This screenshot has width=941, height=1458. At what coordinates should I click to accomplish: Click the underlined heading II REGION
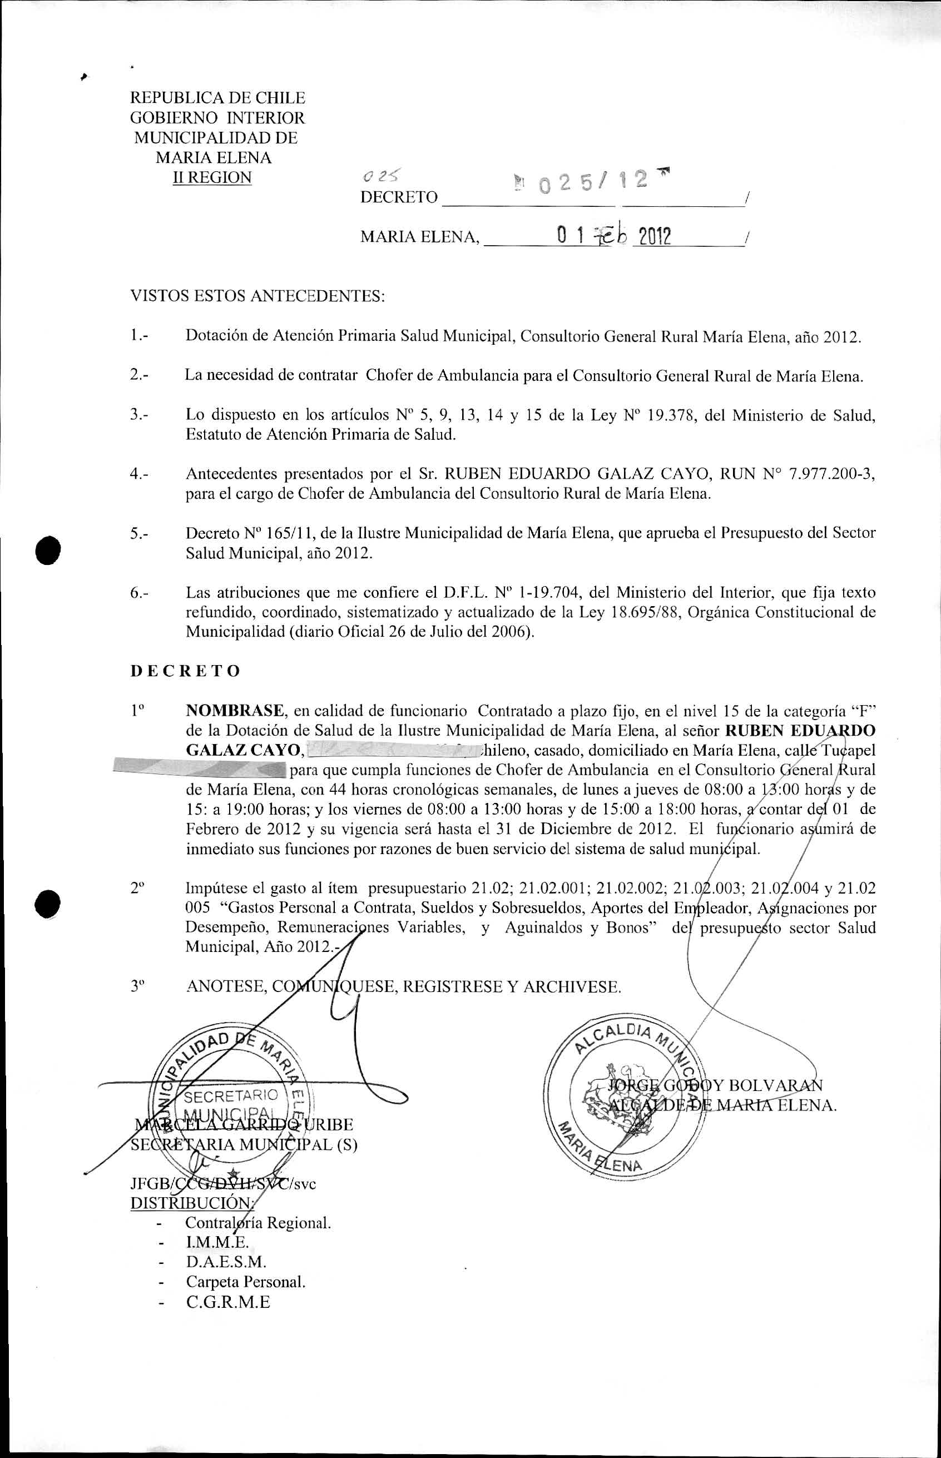coord(212,178)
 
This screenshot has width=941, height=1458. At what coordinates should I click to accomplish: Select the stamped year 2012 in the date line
coord(652,236)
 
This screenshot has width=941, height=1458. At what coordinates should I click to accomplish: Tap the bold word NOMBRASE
coord(235,710)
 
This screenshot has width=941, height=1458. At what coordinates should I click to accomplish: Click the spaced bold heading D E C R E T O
coord(185,671)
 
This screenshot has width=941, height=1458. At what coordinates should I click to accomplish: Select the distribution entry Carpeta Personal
coord(246,1282)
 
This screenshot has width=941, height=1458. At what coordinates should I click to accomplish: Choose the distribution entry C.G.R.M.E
coord(228,1302)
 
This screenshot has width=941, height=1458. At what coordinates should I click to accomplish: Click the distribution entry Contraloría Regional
coord(258,1223)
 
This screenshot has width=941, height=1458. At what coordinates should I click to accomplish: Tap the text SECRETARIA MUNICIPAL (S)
coord(244,1144)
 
